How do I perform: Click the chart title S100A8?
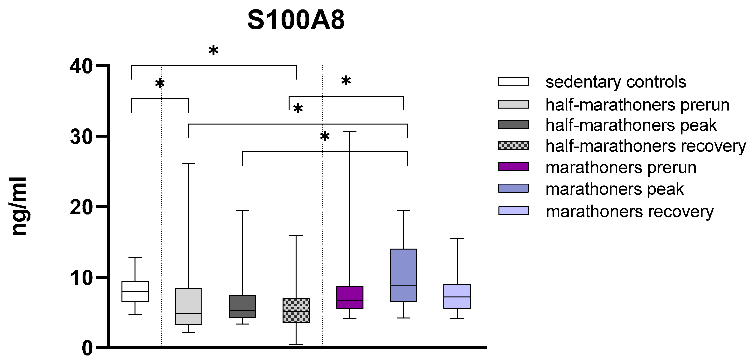pos(296,21)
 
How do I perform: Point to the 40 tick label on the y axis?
pos(81,67)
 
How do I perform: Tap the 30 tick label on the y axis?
pos(81,137)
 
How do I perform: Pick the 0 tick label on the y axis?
pos(87,348)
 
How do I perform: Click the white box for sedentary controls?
pos(135,291)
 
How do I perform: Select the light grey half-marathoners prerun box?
pos(189,306)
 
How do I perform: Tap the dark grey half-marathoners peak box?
pos(242,306)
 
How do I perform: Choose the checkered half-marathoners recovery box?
pos(296,310)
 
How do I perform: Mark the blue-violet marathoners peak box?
pos(403,275)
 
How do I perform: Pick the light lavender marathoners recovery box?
pos(457,296)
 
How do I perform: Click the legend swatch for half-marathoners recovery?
pos(513,145)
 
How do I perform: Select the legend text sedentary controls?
pos(616,82)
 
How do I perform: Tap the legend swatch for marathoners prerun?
pos(513,167)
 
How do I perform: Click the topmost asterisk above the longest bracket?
pos(213,50)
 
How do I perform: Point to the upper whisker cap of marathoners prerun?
pos(350,131)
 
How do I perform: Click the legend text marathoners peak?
pos(614,189)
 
